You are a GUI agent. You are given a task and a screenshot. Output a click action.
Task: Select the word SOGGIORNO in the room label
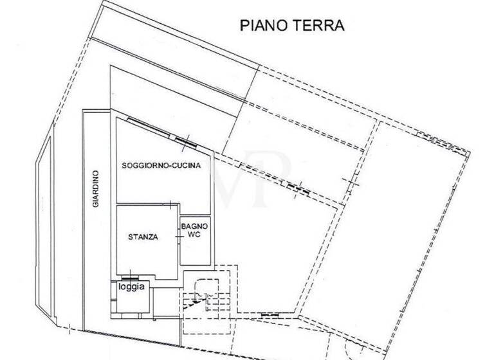tap(148, 165)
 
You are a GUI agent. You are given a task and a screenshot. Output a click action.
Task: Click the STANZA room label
tap(143, 237)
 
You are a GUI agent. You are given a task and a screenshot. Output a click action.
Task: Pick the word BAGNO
tap(194, 226)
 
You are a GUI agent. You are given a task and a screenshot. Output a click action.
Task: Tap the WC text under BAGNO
tap(194, 236)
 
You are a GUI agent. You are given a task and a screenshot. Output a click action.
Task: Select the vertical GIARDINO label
tap(95, 188)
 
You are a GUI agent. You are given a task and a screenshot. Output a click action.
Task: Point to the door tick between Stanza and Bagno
tap(178, 237)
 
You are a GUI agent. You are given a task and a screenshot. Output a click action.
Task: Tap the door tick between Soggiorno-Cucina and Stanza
tap(169, 204)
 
